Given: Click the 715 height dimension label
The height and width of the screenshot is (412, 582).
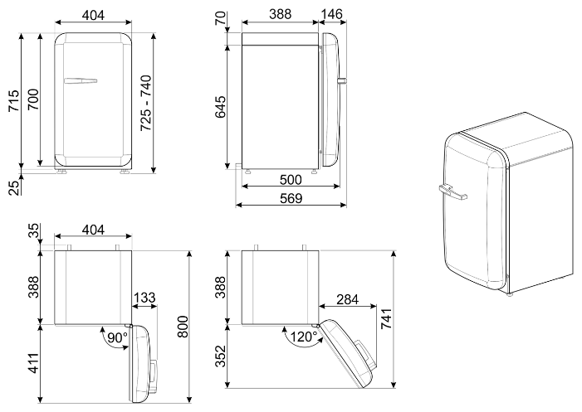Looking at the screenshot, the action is coord(14,100).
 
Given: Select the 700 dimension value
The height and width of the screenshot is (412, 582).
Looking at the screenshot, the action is coord(33,99).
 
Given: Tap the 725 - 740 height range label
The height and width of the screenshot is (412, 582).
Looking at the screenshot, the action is coord(146,103).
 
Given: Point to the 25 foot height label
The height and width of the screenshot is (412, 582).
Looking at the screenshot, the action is coord(14,187).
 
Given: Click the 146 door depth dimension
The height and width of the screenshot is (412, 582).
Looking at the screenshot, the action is coord(331,14).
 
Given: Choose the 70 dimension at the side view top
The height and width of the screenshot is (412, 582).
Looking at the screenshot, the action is coord(221,18).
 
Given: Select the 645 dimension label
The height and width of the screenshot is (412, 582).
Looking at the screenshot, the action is coord(221,107).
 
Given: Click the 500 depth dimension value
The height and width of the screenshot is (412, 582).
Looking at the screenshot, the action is coord(291,180).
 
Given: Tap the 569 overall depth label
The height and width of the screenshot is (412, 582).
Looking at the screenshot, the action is coord(291,198).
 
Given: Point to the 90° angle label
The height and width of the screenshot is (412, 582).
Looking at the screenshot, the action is coord(117,337).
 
